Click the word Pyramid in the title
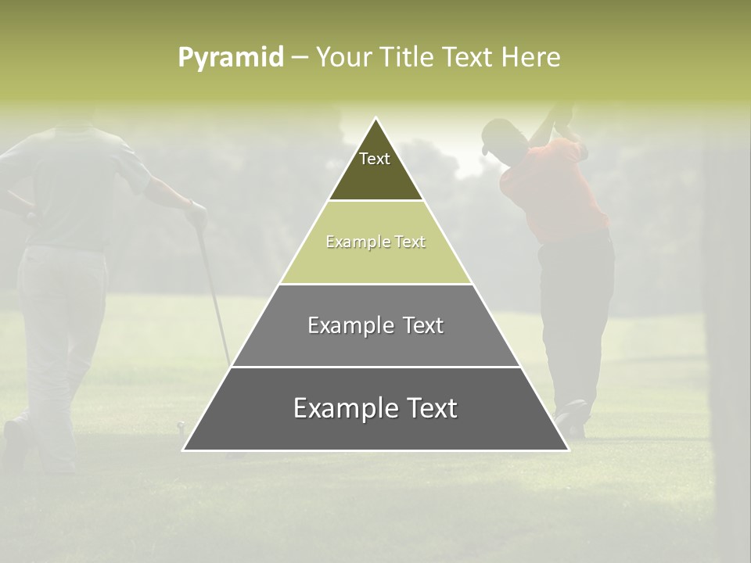(231, 58)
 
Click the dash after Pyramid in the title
(300, 58)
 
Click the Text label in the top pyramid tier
(375, 159)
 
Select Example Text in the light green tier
(375, 242)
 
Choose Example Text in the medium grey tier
(375, 325)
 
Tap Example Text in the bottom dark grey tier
(375, 408)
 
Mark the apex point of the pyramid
(376, 119)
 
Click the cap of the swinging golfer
(494, 134)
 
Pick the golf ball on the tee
(181, 425)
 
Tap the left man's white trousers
(63, 313)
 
